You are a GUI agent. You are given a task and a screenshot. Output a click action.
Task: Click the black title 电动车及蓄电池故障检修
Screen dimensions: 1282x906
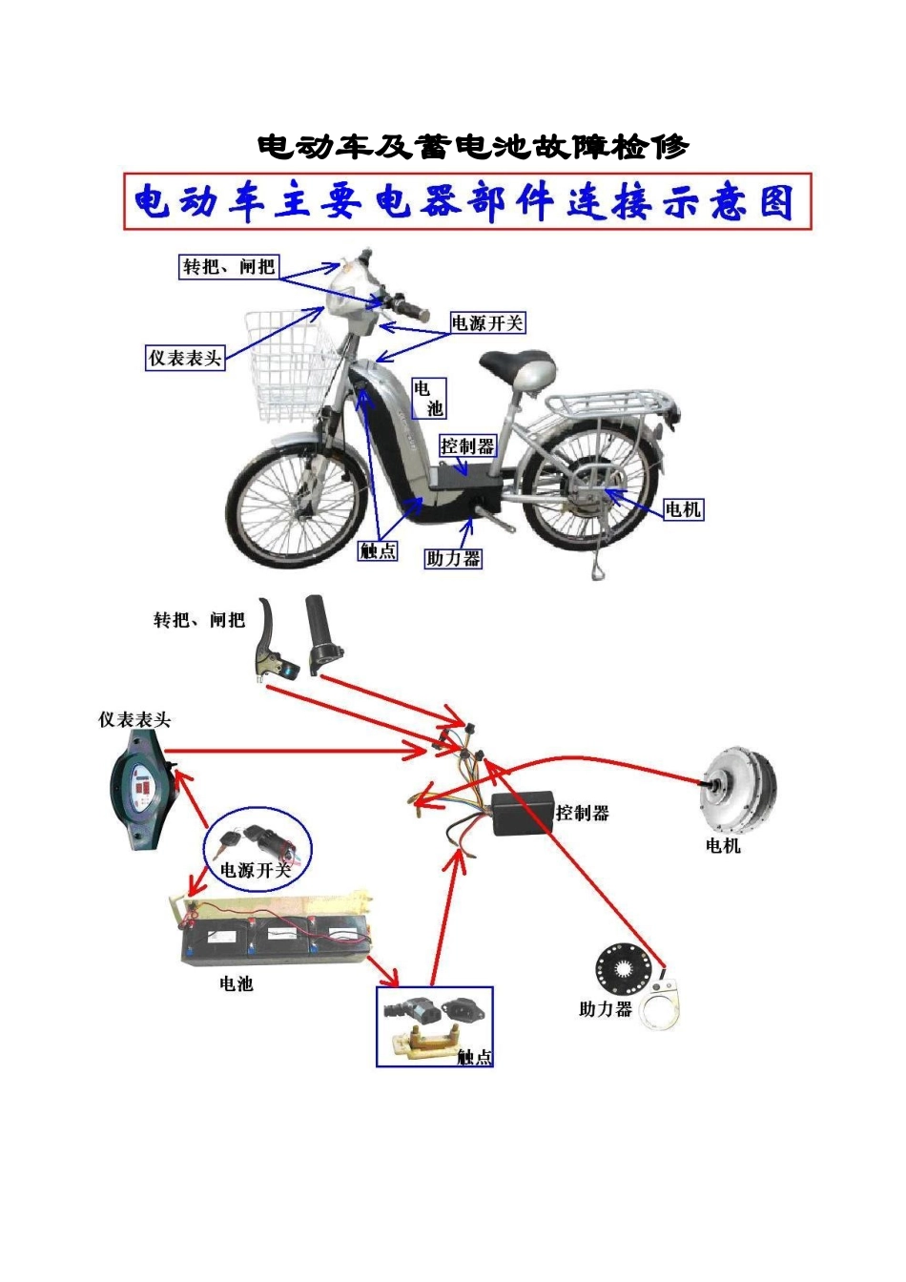click(473, 147)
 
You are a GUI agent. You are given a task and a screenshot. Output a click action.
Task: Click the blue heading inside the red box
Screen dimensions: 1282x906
click(466, 202)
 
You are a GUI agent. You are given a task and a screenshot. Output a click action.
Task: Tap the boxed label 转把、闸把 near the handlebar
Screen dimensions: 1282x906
click(229, 266)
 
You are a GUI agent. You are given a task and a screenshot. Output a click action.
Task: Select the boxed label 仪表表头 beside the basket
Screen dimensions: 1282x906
click(185, 359)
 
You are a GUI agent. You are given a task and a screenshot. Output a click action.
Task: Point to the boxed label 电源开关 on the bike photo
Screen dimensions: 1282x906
click(487, 323)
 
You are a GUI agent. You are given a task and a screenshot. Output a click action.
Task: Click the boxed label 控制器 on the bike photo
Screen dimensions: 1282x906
click(467, 445)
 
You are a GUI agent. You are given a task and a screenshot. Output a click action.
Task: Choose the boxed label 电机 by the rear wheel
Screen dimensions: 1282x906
click(683, 509)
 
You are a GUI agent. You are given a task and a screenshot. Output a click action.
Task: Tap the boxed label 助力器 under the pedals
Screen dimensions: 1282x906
click(453, 559)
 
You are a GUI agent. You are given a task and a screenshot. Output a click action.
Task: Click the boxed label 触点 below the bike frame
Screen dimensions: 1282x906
click(378, 550)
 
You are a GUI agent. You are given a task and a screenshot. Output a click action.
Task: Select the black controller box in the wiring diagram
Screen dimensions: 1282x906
click(524, 814)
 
